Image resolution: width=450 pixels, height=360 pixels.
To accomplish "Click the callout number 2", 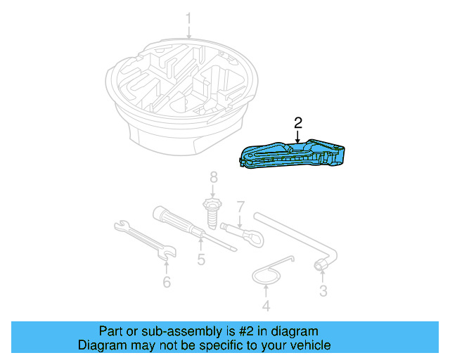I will pos(298,122).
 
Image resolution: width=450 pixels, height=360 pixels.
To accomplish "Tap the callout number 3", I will pos(323,290).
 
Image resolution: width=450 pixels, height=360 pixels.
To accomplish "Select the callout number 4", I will pos(266,306).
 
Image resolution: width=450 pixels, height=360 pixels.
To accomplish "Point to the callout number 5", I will pos(201,260).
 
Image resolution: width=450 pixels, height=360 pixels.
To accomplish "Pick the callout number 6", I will pos(167,282).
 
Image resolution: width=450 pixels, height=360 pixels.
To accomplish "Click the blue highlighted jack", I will pos(295,156).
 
